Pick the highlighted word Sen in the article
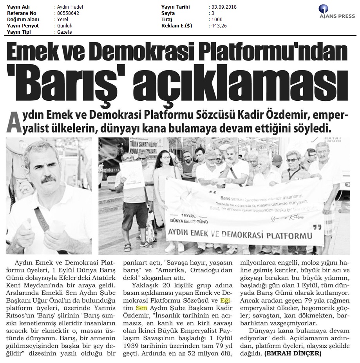pos(141,308)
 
